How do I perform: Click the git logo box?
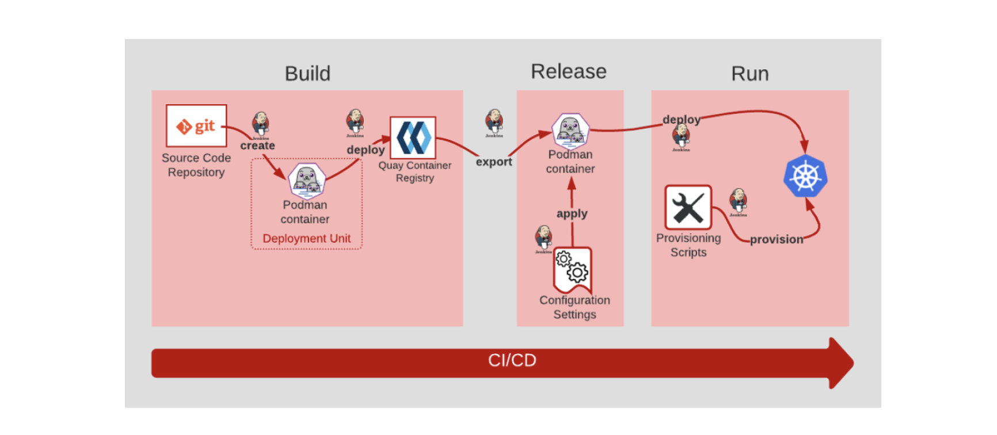pos(196,126)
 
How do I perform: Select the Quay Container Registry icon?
pos(413,138)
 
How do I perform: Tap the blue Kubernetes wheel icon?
pos(805,176)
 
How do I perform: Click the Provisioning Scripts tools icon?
pos(688,208)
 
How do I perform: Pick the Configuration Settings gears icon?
pos(573,269)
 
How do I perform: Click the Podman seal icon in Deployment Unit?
pos(307,180)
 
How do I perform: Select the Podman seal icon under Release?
pos(570,130)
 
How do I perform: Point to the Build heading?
pos(307,74)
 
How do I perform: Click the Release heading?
pos(568,71)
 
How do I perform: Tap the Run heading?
pos(749,74)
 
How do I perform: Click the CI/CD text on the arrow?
pos(512,360)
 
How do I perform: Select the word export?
pos(493,162)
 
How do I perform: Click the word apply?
pos(572,213)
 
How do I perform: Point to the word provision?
pos(776,239)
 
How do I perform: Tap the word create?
pos(257,146)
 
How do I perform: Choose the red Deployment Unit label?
pos(306,238)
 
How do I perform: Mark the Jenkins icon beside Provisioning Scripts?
pos(738,202)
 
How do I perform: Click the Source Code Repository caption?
pos(196,165)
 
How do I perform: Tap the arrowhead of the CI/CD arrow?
pos(841,363)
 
